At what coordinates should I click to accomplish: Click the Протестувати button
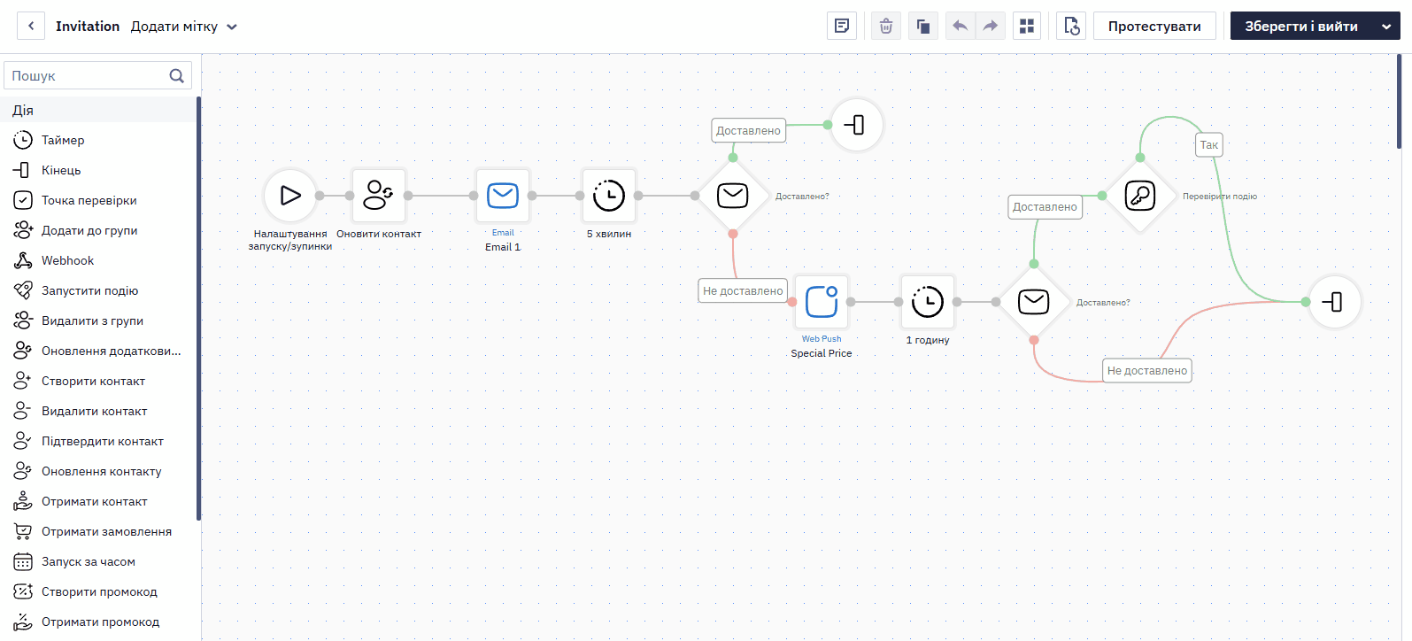[1154, 27]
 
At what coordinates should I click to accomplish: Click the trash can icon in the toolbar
[885, 27]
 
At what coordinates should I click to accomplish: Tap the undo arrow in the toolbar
[960, 27]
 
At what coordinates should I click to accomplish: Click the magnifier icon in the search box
[176, 75]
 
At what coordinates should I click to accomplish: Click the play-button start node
[290, 196]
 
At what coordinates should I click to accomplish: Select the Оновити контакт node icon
[378, 196]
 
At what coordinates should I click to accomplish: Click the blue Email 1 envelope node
[503, 196]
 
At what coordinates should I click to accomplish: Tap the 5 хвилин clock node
[608, 196]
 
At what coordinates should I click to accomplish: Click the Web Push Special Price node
[822, 302]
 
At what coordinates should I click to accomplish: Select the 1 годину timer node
[927, 302]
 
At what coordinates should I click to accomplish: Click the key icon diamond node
[1139, 196]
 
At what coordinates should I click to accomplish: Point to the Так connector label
[1209, 145]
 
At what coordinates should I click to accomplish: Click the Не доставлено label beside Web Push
[743, 290]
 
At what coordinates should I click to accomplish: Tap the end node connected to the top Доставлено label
[856, 125]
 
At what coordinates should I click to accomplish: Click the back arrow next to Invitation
[31, 27]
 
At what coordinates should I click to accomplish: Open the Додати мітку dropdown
[183, 27]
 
